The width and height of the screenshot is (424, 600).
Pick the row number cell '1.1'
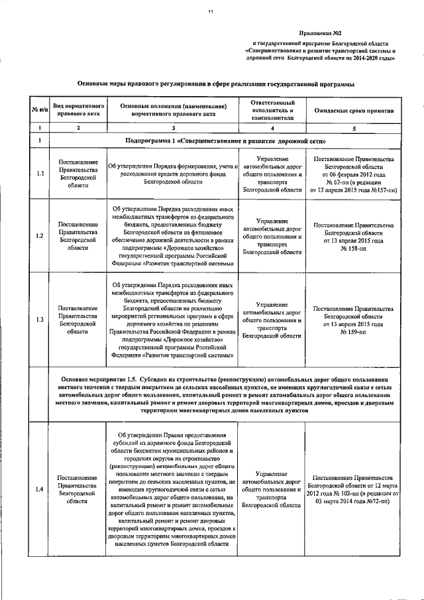coord(40,174)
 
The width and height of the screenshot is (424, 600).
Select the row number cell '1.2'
coord(40,236)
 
